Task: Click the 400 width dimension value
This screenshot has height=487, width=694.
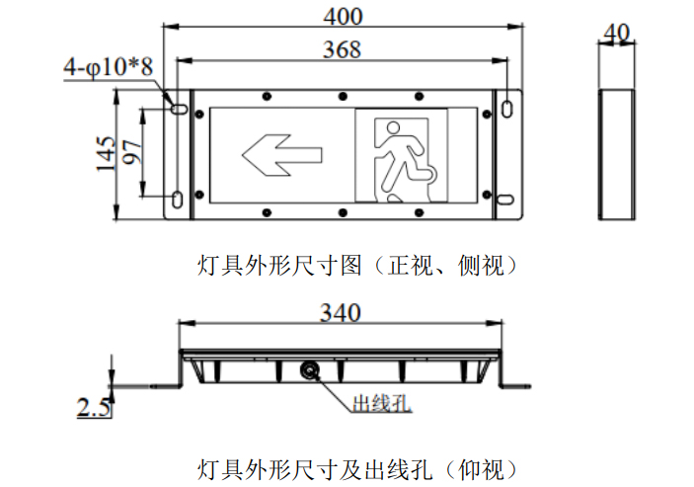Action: click(343, 17)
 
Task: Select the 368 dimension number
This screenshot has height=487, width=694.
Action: click(342, 49)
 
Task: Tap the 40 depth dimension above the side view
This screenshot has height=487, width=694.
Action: click(616, 33)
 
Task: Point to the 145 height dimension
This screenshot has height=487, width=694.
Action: click(106, 153)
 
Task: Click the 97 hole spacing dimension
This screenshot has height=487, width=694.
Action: click(132, 152)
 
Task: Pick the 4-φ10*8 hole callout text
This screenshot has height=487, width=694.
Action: click(108, 67)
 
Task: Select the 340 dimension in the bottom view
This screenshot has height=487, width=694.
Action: click(341, 312)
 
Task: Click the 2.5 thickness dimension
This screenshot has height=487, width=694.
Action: click(94, 407)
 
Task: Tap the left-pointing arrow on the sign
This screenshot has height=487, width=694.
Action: click(282, 155)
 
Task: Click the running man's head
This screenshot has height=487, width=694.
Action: click(393, 127)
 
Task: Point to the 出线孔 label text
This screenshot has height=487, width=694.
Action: click(381, 403)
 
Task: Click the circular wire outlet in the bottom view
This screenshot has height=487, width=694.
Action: click(309, 369)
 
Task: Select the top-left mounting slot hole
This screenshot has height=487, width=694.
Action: click(180, 108)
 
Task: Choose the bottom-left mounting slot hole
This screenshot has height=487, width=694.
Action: click(177, 200)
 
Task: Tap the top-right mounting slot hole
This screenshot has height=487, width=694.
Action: click(507, 109)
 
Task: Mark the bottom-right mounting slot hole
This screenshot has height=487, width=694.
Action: click(505, 200)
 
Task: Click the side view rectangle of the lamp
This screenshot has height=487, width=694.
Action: click(617, 154)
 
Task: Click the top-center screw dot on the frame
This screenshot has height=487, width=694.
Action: click(343, 96)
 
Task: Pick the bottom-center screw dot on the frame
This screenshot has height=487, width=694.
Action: click(343, 212)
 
